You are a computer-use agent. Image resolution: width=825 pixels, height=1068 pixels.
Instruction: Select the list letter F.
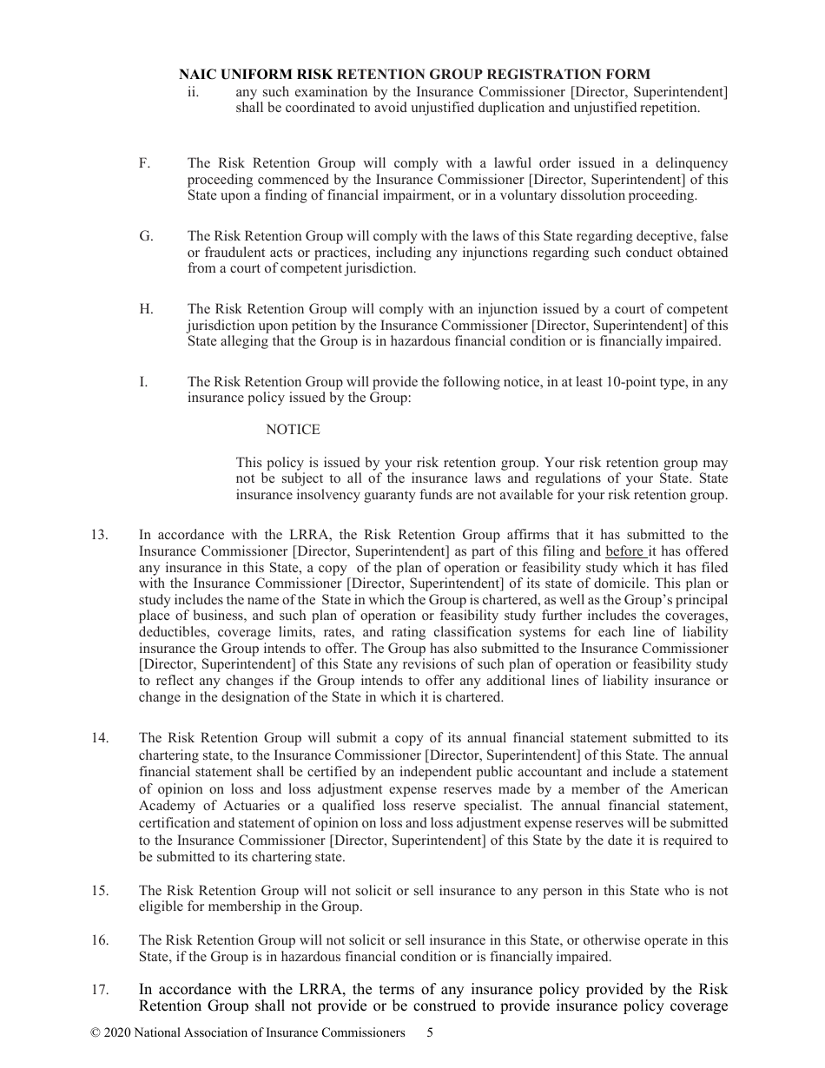[x=144, y=163]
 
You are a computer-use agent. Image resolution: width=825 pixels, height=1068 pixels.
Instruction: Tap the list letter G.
[x=145, y=236]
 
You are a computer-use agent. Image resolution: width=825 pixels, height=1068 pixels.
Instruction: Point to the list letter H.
[x=145, y=309]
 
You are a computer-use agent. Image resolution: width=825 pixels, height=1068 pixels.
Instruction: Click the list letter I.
[x=142, y=381]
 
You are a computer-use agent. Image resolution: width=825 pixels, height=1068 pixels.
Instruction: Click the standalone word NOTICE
[x=293, y=430]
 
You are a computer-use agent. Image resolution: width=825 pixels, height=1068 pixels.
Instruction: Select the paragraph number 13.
[x=99, y=535]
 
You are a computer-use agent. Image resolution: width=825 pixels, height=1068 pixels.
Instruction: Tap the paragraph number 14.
[x=99, y=738]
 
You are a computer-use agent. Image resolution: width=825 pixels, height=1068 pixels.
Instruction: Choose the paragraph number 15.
[x=99, y=891]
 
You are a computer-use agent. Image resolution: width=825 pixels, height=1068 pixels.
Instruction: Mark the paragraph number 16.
[x=99, y=940]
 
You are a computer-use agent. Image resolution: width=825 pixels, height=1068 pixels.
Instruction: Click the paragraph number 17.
[x=99, y=990]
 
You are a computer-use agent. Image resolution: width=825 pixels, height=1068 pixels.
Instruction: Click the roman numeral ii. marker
[x=193, y=92]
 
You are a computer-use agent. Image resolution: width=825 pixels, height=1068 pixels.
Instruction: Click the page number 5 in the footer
[x=431, y=1033]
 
